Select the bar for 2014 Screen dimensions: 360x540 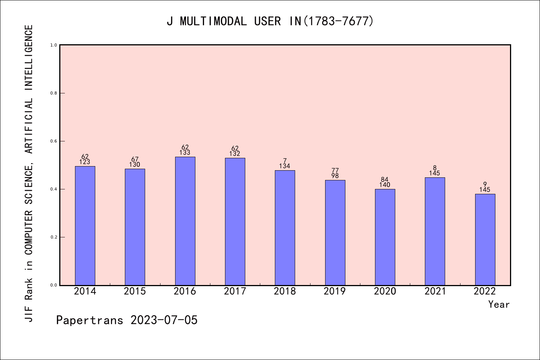coord(85,225)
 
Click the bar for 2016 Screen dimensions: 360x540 coord(185,221)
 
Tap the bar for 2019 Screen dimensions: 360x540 coord(335,232)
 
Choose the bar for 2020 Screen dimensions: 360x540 coord(385,237)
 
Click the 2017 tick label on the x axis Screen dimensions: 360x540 coord(235,291)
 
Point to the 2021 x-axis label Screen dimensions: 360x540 coord(435,291)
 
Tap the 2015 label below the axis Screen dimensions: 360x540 coord(135,291)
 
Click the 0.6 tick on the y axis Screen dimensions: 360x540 coord(54,141)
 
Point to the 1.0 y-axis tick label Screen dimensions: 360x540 coord(54,45)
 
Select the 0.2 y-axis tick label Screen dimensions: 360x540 coord(54,237)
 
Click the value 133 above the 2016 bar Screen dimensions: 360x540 coord(185,153)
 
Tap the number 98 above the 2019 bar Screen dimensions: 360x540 coord(335,176)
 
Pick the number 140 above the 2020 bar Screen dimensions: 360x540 coord(385,185)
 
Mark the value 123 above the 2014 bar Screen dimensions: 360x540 coord(85,162)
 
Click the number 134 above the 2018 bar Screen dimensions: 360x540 coord(285,166)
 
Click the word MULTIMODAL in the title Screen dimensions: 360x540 coord(213,21)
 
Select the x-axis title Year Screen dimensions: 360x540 coord(499,304)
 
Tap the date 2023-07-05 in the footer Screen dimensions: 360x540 coord(164,320)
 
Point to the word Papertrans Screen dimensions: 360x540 coord(90,320)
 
